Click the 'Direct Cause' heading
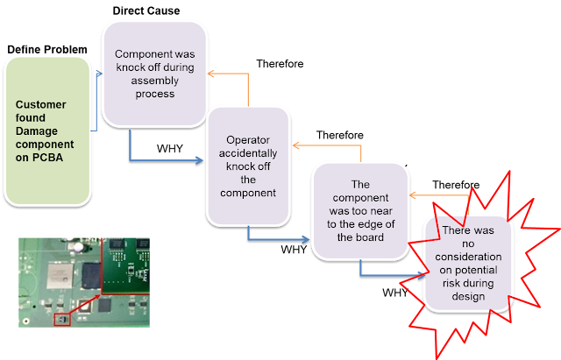[x=146, y=11]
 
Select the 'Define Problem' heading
[x=47, y=49]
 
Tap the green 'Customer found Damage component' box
[x=47, y=131]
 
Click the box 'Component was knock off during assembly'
[x=154, y=74]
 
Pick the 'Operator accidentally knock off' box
[x=248, y=166]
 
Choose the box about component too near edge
[x=360, y=211]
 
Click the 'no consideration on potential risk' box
[x=468, y=264]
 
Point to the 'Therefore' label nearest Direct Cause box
[x=280, y=64]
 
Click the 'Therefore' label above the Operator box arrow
[x=339, y=135]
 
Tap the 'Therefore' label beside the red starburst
[x=456, y=185]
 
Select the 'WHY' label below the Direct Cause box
[x=169, y=148]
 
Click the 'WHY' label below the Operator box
[x=294, y=249]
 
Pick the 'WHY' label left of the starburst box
[x=395, y=293]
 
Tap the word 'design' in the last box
[x=468, y=297]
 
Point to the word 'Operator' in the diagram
[x=248, y=140]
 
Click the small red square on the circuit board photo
[x=62, y=319]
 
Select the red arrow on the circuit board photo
[x=84, y=305]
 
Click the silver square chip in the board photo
[x=60, y=276]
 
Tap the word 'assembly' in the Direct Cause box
[x=154, y=81]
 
